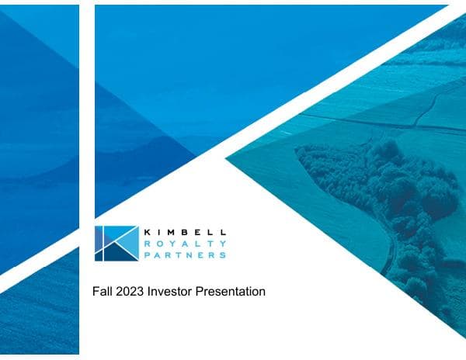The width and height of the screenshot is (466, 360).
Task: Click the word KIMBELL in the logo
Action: [x=185, y=231]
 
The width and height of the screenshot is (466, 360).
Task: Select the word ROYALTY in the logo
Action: [x=185, y=243]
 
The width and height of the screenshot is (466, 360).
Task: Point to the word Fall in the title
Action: [x=101, y=292]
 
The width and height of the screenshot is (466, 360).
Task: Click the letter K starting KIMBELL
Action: [x=147, y=231]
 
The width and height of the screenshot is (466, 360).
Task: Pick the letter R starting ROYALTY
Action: [x=147, y=243]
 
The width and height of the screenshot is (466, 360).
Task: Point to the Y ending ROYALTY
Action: [x=223, y=243]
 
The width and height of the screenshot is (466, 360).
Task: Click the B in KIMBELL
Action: [x=186, y=231]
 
